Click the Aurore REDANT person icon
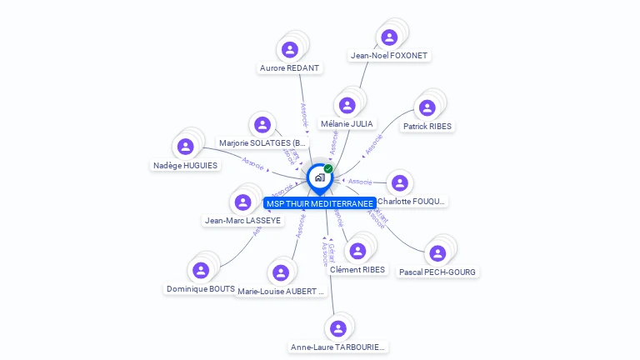pyautogui.click(x=290, y=50)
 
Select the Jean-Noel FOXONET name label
pyautogui.click(x=389, y=56)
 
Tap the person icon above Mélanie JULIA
pyautogui.click(x=347, y=106)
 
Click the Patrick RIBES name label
pyautogui.click(x=427, y=127)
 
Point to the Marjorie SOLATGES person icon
pyautogui.click(x=262, y=125)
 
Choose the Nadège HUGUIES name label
pyautogui.click(x=185, y=165)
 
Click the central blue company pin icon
pyautogui.click(x=318, y=177)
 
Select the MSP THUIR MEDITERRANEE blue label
pyautogui.click(x=319, y=203)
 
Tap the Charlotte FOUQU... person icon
pyautogui.click(x=400, y=182)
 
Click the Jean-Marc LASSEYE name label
pyautogui.click(x=242, y=221)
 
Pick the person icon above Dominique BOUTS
pyautogui.click(x=200, y=270)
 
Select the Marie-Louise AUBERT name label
pyautogui.click(x=280, y=292)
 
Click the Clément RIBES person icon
pyautogui.click(x=357, y=251)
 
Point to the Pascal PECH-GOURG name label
pyautogui.click(x=438, y=272)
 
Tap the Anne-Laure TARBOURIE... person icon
pyautogui.click(x=337, y=327)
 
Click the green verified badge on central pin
pyautogui.click(x=328, y=168)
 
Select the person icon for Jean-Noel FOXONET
pyautogui.click(x=389, y=37)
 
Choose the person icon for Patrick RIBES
pyautogui.click(x=427, y=107)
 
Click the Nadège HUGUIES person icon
pyautogui.click(x=185, y=147)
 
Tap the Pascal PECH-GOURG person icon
pyautogui.click(x=438, y=253)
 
